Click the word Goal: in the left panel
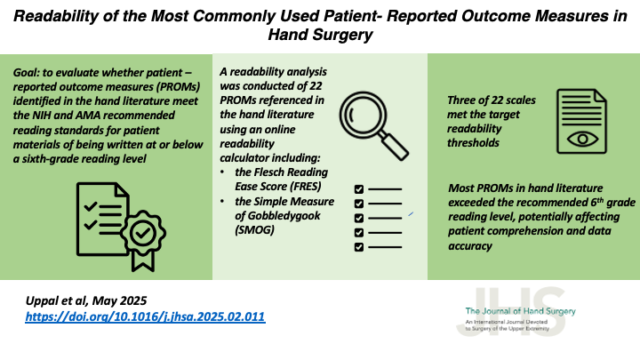pos(31,72)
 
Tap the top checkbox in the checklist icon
pos(358,189)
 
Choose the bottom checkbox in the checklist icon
pos(358,246)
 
